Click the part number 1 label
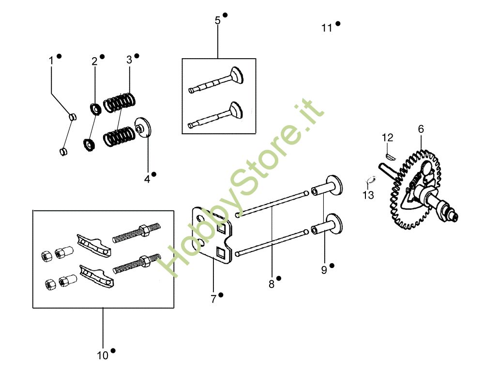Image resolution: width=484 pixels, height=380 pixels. click(x=51, y=61)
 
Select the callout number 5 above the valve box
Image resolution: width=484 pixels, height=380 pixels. click(x=218, y=20)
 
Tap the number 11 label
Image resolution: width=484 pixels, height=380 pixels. click(x=327, y=28)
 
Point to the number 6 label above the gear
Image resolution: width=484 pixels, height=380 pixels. click(x=421, y=129)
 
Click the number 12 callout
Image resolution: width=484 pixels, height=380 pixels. click(x=387, y=137)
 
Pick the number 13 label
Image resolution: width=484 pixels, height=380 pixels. click(x=368, y=195)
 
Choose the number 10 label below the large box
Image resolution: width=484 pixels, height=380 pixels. click(x=103, y=355)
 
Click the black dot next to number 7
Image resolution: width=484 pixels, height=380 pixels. click(x=221, y=295)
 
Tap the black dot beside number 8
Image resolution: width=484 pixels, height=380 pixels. click(x=279, y=278)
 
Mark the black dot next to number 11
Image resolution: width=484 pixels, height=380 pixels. click(x=338, y=23)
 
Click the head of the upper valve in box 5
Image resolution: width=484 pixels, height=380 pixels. click(x=237, y=75)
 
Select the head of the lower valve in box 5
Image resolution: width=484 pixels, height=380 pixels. click(x=236, y=111)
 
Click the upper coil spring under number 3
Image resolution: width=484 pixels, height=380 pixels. click(x=120, y=102)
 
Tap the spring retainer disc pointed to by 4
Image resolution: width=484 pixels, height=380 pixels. click(x=144, y=127)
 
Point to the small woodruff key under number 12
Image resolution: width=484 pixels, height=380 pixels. click(x=390, y=157)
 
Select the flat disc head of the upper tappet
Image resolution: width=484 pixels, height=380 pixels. click(x=334, y=185)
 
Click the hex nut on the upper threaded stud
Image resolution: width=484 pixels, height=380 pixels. click(x=144, y=230)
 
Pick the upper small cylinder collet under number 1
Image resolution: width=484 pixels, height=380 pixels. click(x=72, y=117)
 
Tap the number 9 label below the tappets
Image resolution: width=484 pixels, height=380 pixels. click(x=324, y=270)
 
